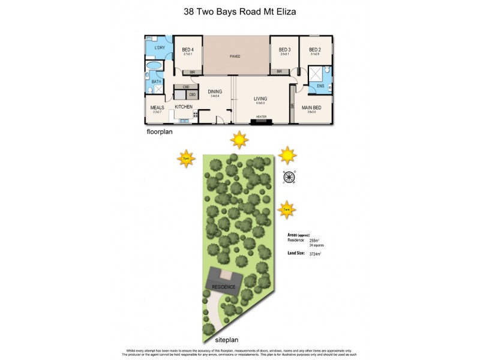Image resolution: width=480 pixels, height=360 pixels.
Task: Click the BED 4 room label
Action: [x=188, y=49]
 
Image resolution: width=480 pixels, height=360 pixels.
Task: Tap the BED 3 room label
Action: [x=284, y=49]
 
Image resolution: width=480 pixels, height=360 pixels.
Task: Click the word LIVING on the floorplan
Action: [x=260, y=98]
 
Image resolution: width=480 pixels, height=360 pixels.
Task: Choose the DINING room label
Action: [x=214, y=92]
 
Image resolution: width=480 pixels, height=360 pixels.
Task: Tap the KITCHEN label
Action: [x=184, y=107]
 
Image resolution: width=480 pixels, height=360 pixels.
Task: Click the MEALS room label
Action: [x=157, y=108]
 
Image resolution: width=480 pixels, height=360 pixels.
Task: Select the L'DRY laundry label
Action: [x=159, y=48]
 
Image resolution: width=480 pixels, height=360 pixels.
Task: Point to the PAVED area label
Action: [x=235, y=56]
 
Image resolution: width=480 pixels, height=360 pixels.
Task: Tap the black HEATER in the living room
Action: [x=261, y=121]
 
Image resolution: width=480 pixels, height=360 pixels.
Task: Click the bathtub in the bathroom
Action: [x=154, y=66]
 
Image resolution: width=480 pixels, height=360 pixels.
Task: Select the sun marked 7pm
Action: [x=185, y=159]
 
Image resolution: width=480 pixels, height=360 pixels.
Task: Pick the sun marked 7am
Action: [x=287, y=209]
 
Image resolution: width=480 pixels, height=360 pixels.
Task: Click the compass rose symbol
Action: [x=289, y=176]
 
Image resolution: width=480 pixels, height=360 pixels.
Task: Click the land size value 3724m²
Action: [x=315, y=254]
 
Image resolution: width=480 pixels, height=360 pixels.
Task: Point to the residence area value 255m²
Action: [x=315, y=240]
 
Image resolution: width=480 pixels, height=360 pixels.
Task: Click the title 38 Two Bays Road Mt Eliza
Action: [x=239, y=11]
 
